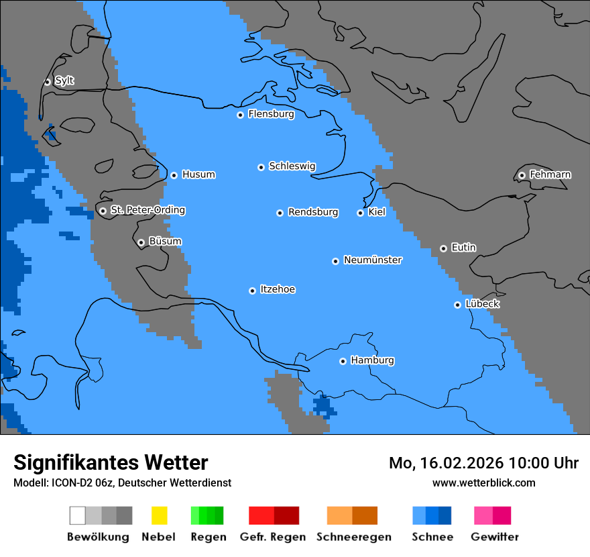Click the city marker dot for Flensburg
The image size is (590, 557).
click(240, 115)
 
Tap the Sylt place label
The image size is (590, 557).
click(64, 81)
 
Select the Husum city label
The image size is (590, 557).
click(198, 174)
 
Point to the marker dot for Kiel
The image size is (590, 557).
click(360, 213)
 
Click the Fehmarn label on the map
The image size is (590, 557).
click(550, 174)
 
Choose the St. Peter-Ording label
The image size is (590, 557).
click(147, 210)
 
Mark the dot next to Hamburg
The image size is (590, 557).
click(343, 361)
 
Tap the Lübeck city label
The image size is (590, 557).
click(482, 304)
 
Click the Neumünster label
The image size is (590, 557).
click(373, 260)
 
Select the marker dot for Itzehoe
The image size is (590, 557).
click(252, 291)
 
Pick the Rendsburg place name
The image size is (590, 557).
click(313, 212)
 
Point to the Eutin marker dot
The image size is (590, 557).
click(443, 248)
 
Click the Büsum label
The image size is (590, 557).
click(165, 241)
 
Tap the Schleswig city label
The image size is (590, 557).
click(292, 166)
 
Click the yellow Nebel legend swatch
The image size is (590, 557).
click(159, 515)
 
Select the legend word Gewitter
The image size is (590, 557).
click(495, 537)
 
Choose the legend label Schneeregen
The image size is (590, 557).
click(354, 537)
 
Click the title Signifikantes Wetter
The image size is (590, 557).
click(111, 462)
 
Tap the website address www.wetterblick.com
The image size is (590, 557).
click(483, 483)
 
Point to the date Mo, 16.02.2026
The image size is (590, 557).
click(446, 463)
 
